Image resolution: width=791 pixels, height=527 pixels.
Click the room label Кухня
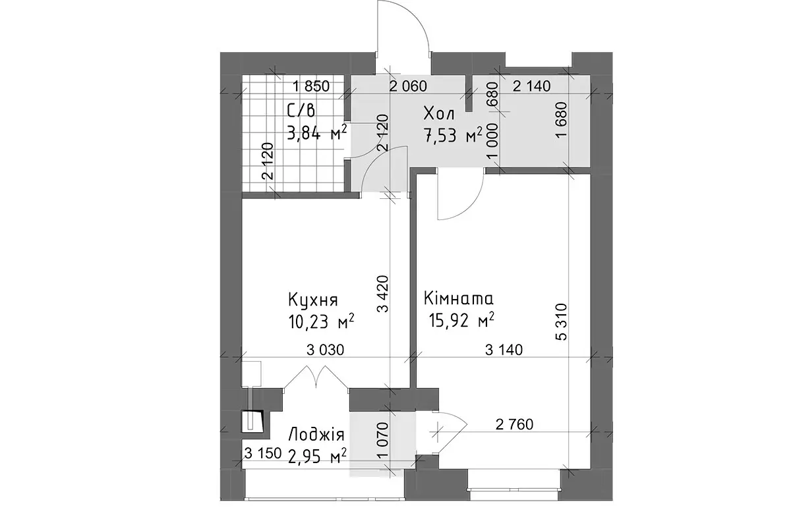pyautogui.click(x=313, y=300)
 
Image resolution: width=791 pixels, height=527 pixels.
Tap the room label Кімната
pyautogui.click(x=458, y=298)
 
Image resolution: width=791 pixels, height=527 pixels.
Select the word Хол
pyautogui.click(x=439, y=114)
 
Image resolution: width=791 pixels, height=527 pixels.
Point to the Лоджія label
pyautogui.click(x=316, y=435)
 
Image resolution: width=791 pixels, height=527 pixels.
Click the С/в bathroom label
pyautogui.click(x=301, y=111)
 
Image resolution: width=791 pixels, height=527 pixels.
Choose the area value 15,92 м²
pyautogui.click(x=461, y=320)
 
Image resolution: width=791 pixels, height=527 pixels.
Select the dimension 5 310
pyautogui.click(x=561, y=321)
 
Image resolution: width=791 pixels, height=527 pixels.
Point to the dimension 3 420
pyautogui.click(x=382, y=294)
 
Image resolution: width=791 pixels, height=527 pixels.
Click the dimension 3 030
pyautogui.click(x=325, y=350)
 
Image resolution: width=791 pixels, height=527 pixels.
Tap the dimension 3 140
pyautogui.click(x=504, y=350)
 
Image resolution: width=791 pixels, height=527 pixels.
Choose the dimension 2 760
pyautogui.click(x=514, y=424)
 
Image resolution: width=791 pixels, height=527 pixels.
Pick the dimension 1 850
pyautogui.click(x=311, y=86)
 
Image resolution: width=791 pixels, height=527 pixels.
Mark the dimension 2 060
pyautogui.click(x=408, y=86)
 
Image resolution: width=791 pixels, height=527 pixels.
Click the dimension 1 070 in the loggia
pyautogui.click(x=382, y=441)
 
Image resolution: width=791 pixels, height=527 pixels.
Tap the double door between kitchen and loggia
pyautogui.click(x=316, y=378)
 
